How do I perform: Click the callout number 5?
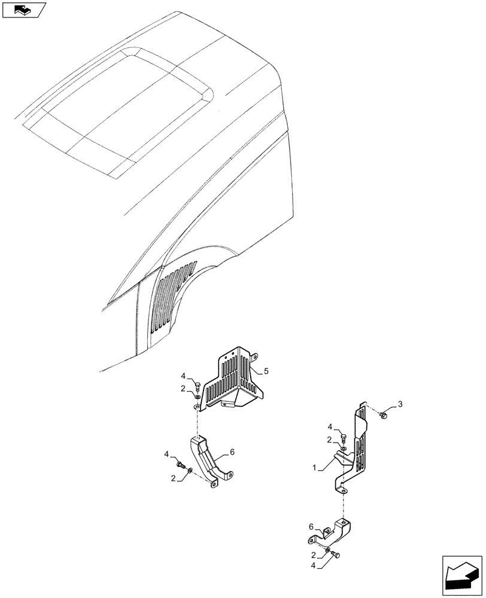[266, 371]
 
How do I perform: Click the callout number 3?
[400, 405]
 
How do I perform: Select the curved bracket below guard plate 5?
[209, 461]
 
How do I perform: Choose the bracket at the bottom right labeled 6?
[332, 530]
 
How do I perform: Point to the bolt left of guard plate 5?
[196, 384]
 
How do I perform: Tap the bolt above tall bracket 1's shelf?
[344, 435]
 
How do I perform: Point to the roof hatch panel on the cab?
[120, 108]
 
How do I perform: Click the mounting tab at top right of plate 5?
[253, 357]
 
